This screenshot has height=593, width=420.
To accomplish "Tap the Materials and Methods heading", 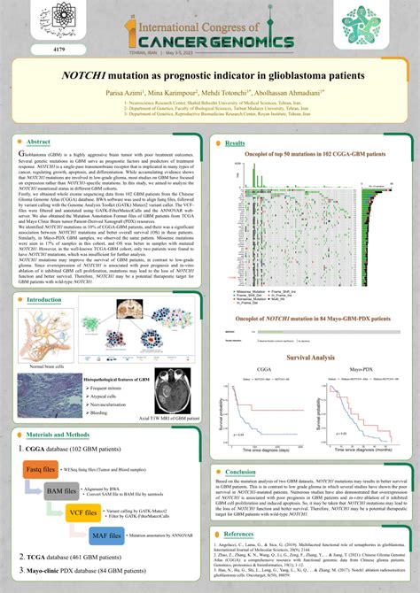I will click(58, 435).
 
